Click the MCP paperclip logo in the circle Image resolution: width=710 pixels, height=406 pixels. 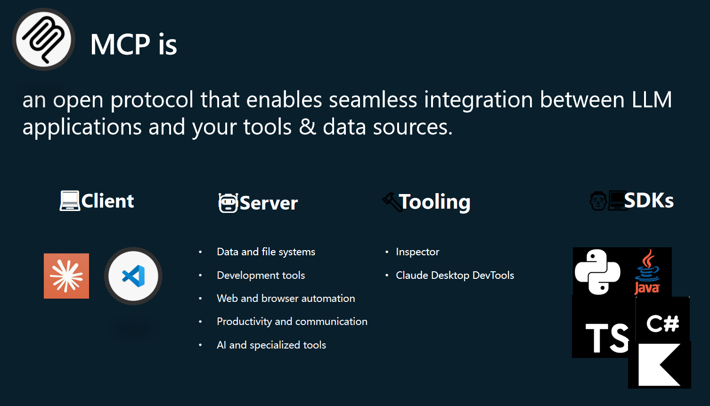pos(44,39)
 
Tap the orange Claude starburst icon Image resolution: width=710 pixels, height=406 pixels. pos(66,276)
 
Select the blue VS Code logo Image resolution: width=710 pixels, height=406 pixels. pos(133,276)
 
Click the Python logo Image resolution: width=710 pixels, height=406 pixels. pos(597,272)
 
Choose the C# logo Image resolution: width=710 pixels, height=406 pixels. pos(663,324)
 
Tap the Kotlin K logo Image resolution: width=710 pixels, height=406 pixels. pos(659,365)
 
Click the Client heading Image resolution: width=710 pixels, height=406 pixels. pos(107,201)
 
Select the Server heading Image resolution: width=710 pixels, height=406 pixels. pos(269,203)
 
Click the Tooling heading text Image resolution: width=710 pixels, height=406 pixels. pos(434,202)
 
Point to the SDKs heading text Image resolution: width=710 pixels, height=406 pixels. pos(649,200)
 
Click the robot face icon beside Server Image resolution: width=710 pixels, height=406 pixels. pos(228,203)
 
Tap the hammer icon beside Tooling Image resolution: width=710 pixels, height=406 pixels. pos(392,202)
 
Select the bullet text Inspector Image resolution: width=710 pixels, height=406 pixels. pos(417,252)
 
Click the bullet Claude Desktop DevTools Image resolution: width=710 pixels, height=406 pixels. pos(455,275)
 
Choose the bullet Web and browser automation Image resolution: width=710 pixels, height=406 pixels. pos(286,298)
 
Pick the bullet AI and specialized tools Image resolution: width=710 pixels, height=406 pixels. pos(271,345)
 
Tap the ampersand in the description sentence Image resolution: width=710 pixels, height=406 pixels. pos(307,126)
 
